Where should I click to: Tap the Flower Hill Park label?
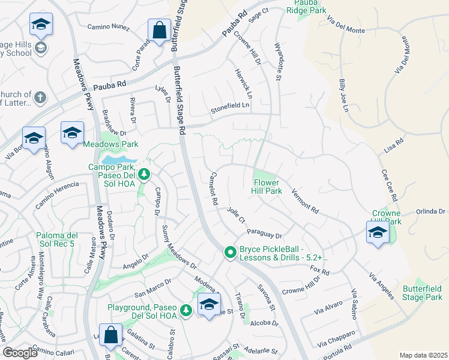[267, 187]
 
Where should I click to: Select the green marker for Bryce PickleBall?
[229, 253]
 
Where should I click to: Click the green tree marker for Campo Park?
[143, 175]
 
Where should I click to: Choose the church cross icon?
[40, 97]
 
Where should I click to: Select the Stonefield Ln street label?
[229, 106]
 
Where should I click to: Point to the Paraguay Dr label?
[264, 231]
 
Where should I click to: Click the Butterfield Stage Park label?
[422, 293]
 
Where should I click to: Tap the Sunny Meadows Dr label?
[179, 246]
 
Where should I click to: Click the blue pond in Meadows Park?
[118, 160]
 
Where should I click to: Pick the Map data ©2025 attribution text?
[423, 355]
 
